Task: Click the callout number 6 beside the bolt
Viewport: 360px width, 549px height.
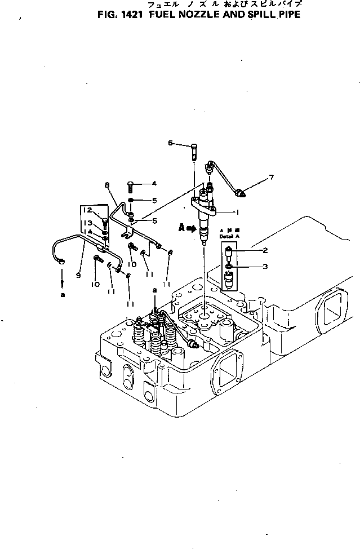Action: [170, 143]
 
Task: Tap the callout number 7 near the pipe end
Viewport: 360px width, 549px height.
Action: [271, 178]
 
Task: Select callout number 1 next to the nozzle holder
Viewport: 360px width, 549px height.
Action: [238, 212]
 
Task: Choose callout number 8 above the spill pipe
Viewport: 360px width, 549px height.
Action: [106, 185]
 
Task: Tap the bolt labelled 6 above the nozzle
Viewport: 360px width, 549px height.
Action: [194, 148]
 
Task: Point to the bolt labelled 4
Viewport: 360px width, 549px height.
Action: [130, 183]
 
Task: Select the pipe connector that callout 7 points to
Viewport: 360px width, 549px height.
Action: [242, 193]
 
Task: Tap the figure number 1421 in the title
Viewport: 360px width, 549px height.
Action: [130, 15]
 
